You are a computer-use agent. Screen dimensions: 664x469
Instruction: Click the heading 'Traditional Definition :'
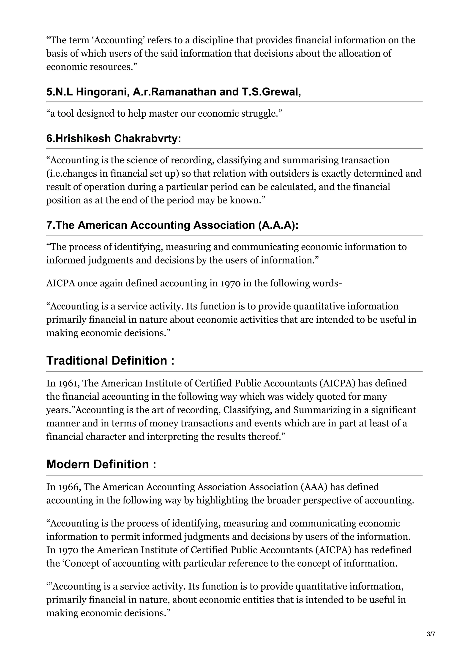point(110,361)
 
